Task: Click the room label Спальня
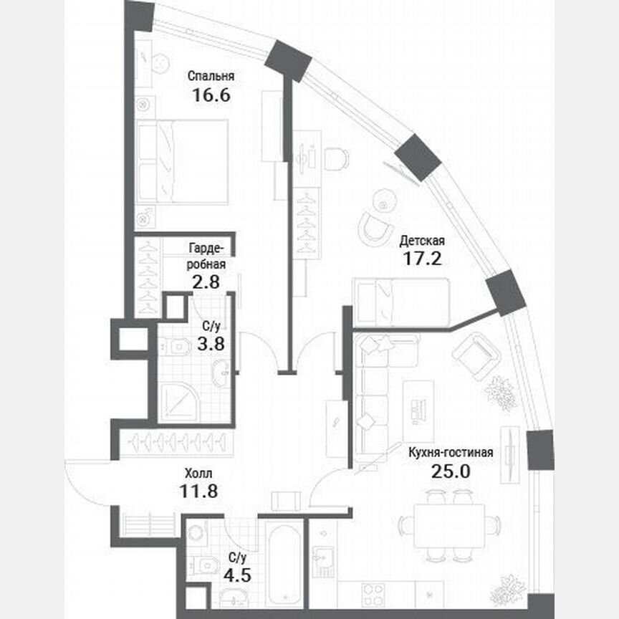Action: point(211,75)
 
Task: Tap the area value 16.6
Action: point(211,95)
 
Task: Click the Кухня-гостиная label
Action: point(451,452)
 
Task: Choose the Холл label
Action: point(198,473)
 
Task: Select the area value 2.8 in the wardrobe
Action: point(207,281)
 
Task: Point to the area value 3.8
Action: point(210,343)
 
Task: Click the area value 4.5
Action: point(238,575)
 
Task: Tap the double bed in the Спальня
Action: point(183,161)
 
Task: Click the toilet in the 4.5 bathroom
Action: point(206,566)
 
